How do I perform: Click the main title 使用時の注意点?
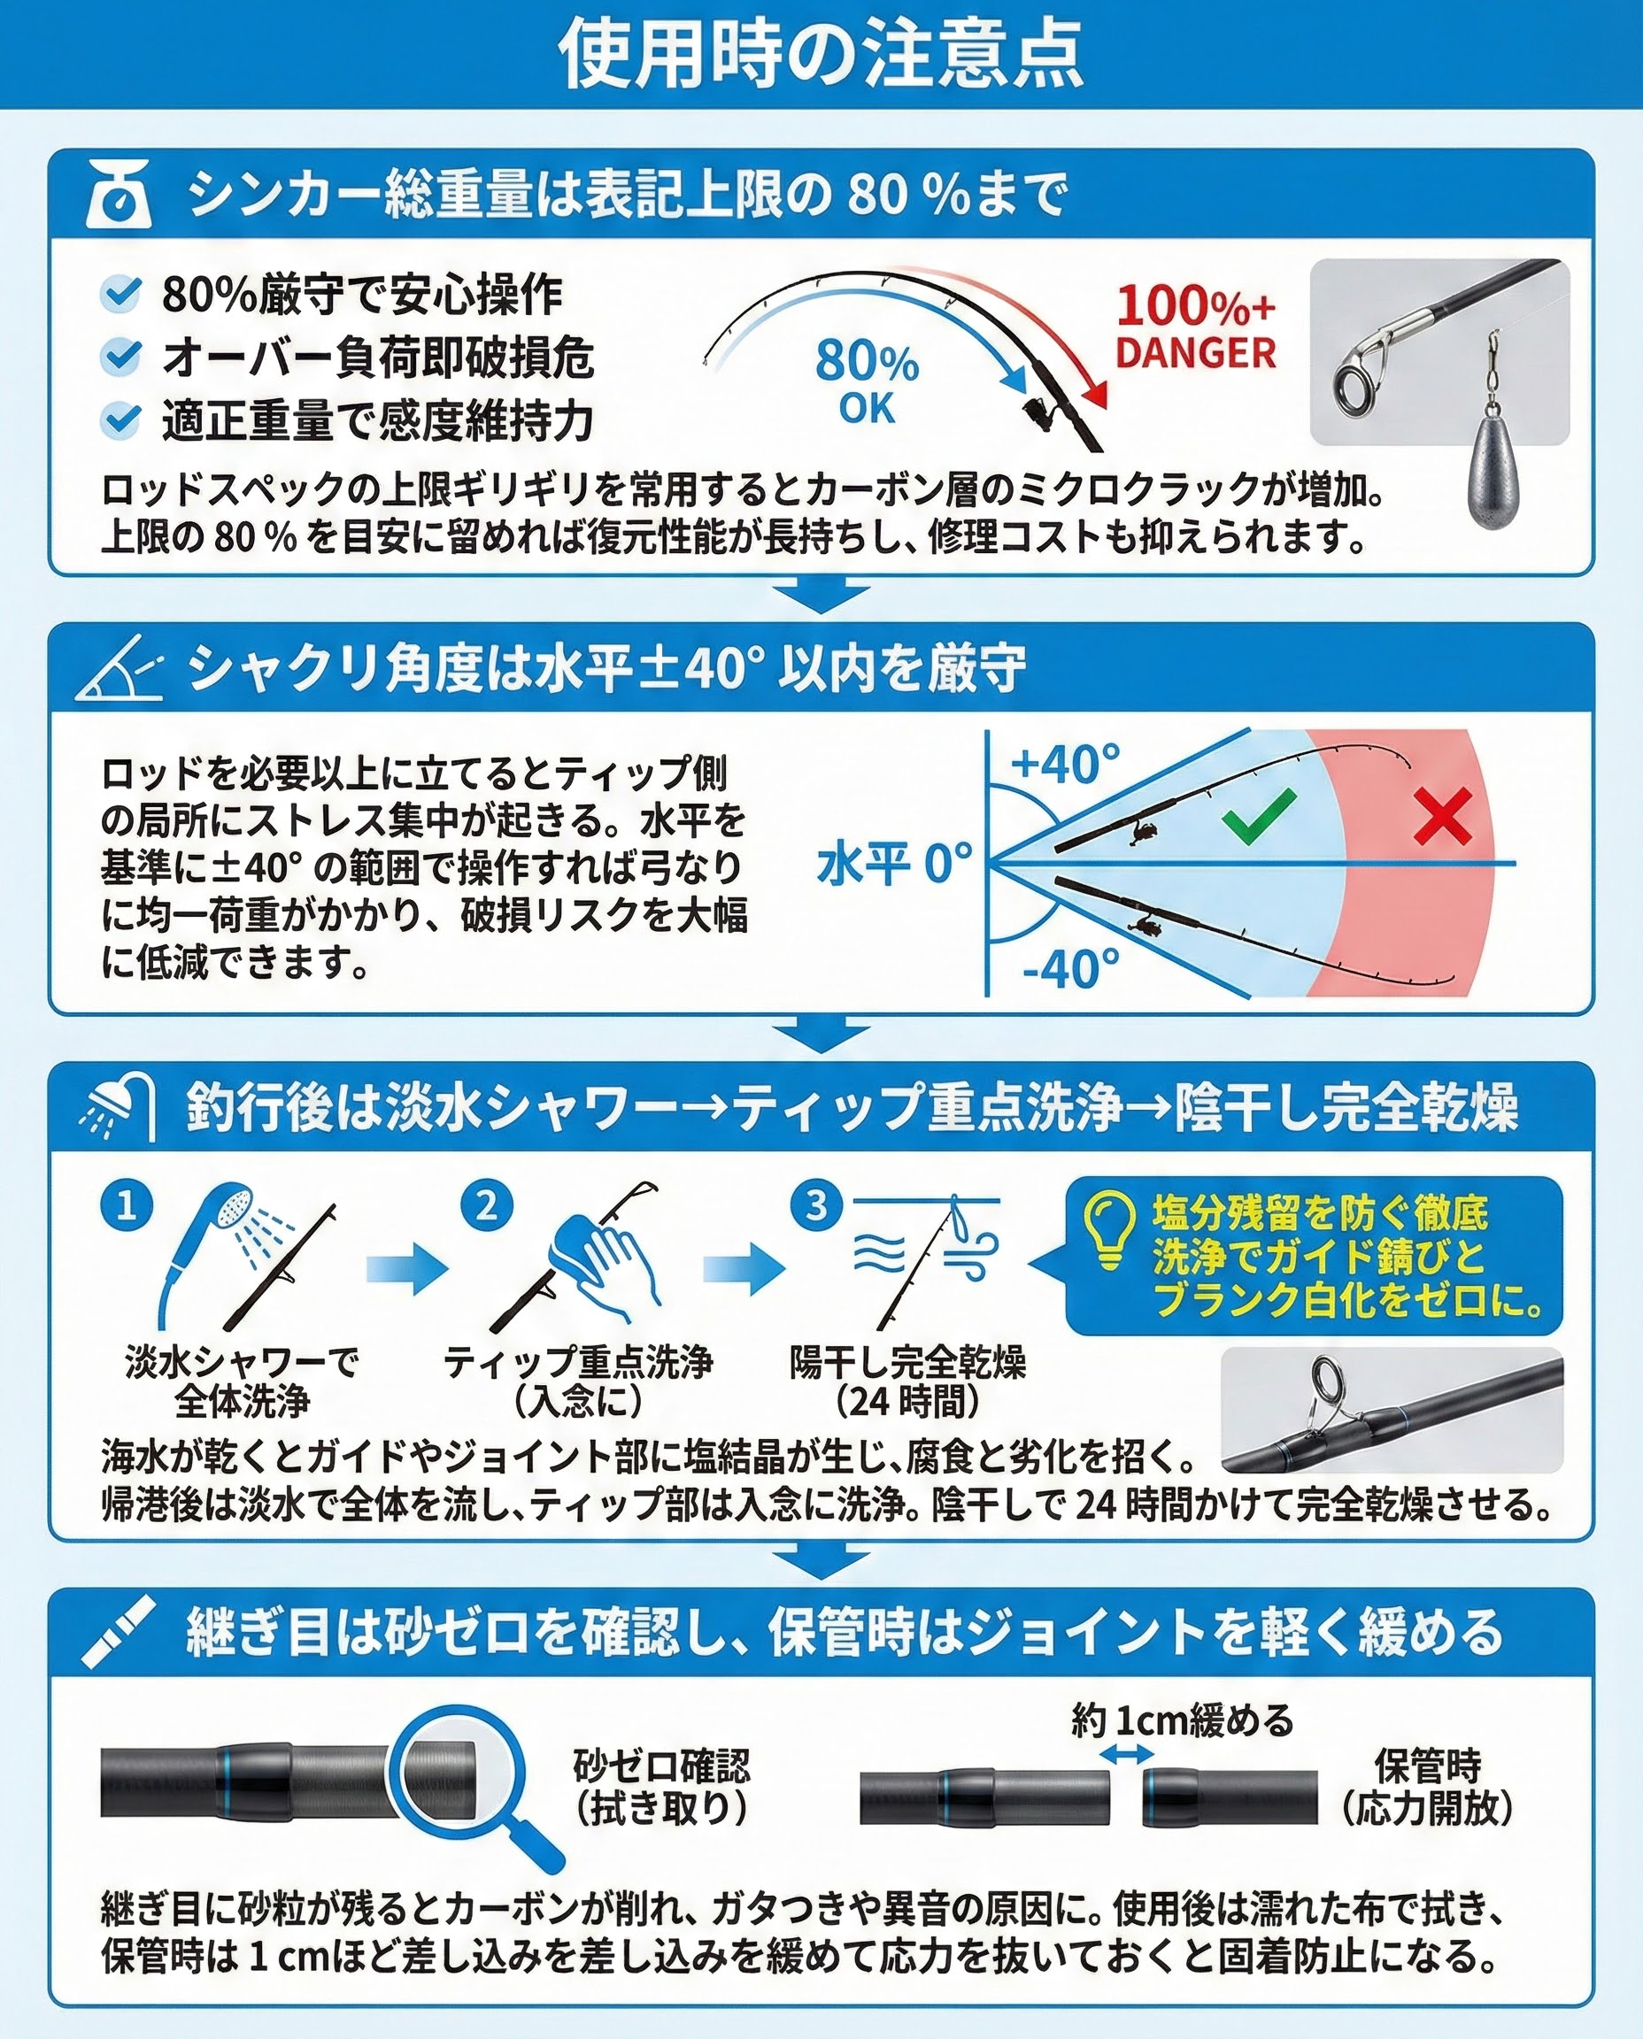tap(821, 54)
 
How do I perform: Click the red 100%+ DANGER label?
tap(1195, 327)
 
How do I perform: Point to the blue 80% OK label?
tap(867, 381)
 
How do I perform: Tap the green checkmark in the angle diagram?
tap(1258, 817)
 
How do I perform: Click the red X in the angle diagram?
tap(1442, 816)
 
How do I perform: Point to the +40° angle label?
tap(1066, 764)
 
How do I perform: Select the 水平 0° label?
tap(894, 864)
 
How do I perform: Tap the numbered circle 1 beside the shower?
tap(127, 1206)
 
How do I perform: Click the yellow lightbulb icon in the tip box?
tap(1109, 1229)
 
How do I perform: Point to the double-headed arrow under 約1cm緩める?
tap(1127, 1753)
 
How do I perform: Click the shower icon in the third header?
tap(120, 1106)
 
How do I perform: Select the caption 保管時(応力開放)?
tap(1428, 1788)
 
